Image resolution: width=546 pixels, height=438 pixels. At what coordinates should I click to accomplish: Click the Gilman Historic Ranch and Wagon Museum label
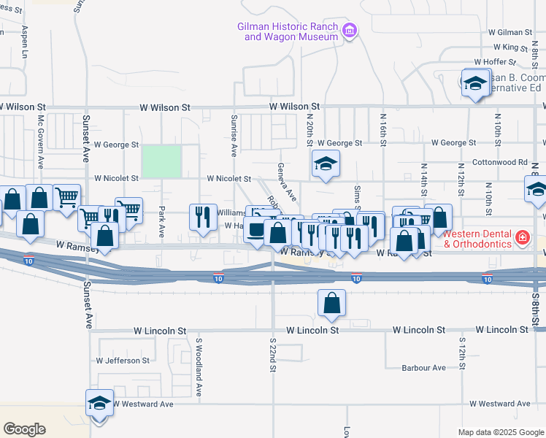(x=288, y=31)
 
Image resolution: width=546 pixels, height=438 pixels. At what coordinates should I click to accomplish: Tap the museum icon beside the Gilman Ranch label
(x=350, y=31)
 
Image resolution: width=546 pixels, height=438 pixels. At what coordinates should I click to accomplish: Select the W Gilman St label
(x=511, y=33)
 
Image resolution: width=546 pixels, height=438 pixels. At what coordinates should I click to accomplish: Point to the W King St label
(x=509, y=47)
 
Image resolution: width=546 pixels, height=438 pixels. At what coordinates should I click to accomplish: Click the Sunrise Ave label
(x=234, y=136)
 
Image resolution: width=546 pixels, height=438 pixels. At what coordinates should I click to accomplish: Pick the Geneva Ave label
(x=285, y=182)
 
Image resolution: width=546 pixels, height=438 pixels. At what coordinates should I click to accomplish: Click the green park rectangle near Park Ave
(x=161, y=161)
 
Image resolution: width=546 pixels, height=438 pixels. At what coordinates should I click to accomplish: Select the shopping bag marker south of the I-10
(x=331, y=302)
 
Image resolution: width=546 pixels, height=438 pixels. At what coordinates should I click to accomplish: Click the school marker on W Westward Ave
(x=100, y=403)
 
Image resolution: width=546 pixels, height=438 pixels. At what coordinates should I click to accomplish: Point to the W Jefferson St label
(x=123, y=361)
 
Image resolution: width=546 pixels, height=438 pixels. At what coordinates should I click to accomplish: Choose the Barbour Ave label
(x=423, y=368)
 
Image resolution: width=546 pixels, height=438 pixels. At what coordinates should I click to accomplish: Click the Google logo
(x=25, y=429)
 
